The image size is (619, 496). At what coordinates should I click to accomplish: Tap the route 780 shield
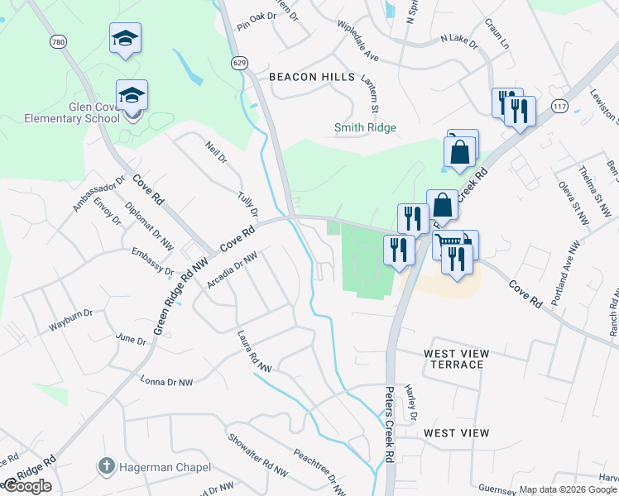56,41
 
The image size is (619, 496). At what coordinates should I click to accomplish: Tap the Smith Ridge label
365,128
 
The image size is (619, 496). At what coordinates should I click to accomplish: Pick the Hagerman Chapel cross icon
105,466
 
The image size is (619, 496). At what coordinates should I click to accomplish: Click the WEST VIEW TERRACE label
456,359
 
